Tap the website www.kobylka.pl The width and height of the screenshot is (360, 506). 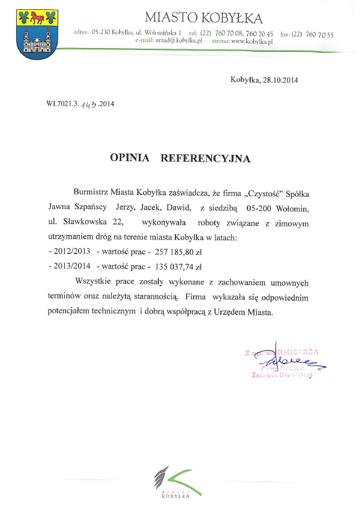253,41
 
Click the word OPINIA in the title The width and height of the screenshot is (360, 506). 130,159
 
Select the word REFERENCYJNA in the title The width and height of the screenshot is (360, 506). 205,159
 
